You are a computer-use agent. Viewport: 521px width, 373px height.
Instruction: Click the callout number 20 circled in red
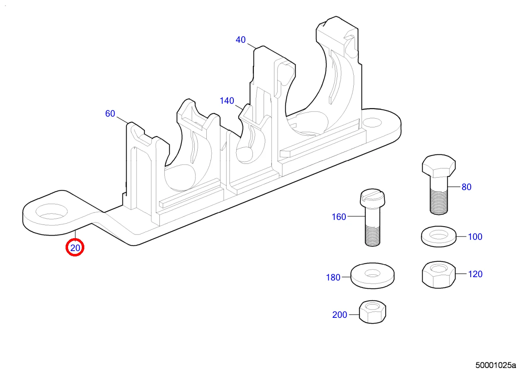click(x=75, y=248)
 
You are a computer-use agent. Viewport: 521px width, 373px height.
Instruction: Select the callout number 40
click(x=240, y=40)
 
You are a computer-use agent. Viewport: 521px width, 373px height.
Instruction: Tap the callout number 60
click(x=110, y=113)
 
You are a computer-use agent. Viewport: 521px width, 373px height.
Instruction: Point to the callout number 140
click(x=227, y=101)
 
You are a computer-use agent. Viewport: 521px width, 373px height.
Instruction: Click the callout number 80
click(x=467, y=187)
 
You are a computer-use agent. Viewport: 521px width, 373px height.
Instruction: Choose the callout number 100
click(x=475, y=237)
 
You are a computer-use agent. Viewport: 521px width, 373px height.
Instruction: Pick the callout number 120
click(x=475, y=274)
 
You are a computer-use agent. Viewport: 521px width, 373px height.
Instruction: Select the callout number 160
click(x=339, y=217)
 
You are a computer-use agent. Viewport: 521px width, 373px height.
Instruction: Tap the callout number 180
click(x=333, y=278)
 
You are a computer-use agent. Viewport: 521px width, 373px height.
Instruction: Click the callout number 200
click(x=340, y=315)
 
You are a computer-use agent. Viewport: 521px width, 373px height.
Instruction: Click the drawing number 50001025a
click(x=495, y=366)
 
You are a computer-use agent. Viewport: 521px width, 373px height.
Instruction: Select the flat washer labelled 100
click(x=438, y=237)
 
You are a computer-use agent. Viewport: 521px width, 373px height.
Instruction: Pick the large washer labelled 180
click(x=372, y=275)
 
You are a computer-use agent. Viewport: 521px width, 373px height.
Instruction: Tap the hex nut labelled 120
click(x=439, y=274)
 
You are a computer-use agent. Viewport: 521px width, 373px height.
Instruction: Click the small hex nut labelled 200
click(x=372, y=312)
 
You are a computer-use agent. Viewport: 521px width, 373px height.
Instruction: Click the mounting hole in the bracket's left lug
click(x=51, y=212)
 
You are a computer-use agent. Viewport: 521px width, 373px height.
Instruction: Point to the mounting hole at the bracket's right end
click(x=373, y=122)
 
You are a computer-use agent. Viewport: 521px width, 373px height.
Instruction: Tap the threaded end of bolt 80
click(x=439, y=201)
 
